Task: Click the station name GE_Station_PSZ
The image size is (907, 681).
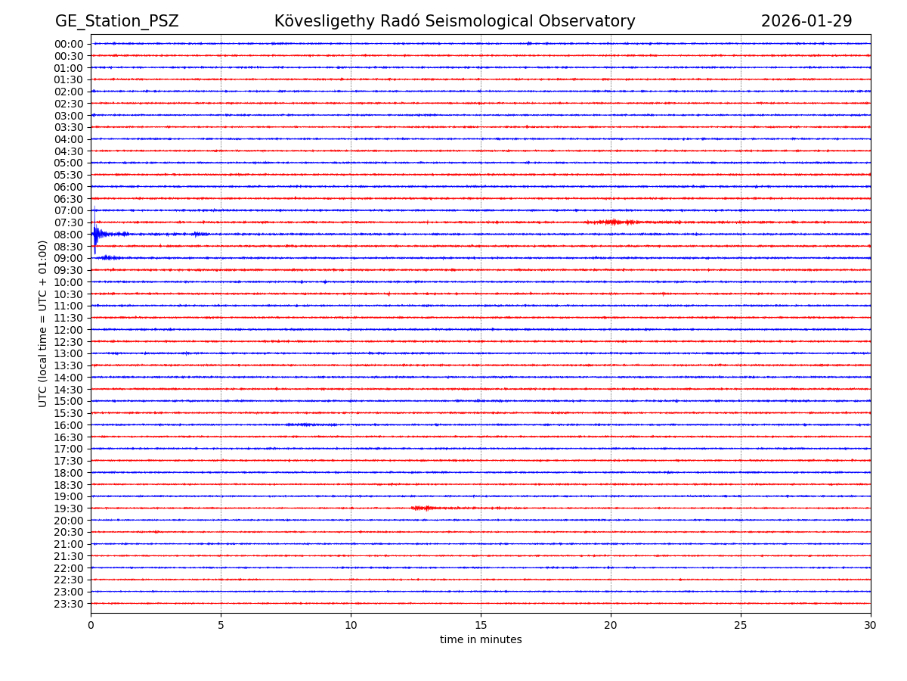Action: click(116, 21)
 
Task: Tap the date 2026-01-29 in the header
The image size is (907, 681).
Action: click(806, 21)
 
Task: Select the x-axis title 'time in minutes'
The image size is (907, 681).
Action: click(481, 640)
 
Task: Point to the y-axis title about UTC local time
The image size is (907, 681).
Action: click(43, 323)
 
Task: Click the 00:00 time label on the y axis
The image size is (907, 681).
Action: click(69, 44)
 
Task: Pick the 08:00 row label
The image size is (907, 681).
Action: click(69, 235)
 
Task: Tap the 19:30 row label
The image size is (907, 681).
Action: click(69, 508)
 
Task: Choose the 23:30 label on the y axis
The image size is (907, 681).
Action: click(69, 604)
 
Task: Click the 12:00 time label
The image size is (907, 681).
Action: click(69, 330)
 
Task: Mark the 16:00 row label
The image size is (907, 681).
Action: click(69, 425)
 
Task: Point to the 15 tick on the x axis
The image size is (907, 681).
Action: click(481, 625)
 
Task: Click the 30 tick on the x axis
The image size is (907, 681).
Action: click(871, 625)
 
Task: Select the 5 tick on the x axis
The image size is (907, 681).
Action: click(221, 625)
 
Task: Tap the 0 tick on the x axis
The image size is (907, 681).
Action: click(91, 625)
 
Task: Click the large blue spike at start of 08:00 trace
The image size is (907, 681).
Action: click(95, 235)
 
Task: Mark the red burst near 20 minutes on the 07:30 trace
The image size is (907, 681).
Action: click(612, 222)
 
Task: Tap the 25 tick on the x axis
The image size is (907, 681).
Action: click(741, 625)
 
